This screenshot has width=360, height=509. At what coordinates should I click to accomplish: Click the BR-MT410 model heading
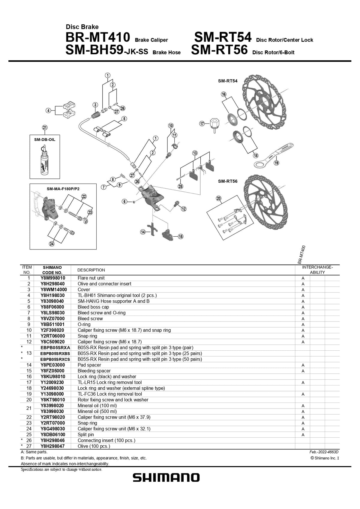point(97,38)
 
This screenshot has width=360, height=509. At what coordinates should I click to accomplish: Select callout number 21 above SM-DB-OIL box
point(45,127)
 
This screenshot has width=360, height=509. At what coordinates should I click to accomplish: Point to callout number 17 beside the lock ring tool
point(202,124)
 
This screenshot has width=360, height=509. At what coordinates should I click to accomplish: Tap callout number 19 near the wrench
point(276,163)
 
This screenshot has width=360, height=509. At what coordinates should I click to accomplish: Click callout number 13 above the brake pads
point(195,153)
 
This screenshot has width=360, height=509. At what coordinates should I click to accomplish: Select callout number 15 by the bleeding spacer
point(181,237)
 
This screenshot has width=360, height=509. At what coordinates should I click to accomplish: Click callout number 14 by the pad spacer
point(143,232)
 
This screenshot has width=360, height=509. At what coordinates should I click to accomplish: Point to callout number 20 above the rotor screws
point(219,198)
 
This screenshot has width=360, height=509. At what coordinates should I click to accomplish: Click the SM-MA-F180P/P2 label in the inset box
point(63,189)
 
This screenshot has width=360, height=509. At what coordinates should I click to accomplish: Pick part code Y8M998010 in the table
point(52,278)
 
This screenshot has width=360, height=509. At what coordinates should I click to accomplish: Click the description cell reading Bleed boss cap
point(93,307)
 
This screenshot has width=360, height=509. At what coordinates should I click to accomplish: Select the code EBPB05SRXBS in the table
point(55,353)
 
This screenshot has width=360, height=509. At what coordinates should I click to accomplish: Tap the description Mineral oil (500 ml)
point(97,411)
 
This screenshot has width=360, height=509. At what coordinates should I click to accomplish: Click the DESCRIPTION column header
point(91,270)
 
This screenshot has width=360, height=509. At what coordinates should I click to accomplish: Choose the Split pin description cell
point(86,435)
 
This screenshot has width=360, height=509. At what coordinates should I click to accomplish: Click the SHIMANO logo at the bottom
point(166,478)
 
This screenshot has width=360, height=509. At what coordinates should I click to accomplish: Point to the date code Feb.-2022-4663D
point(324,452)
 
